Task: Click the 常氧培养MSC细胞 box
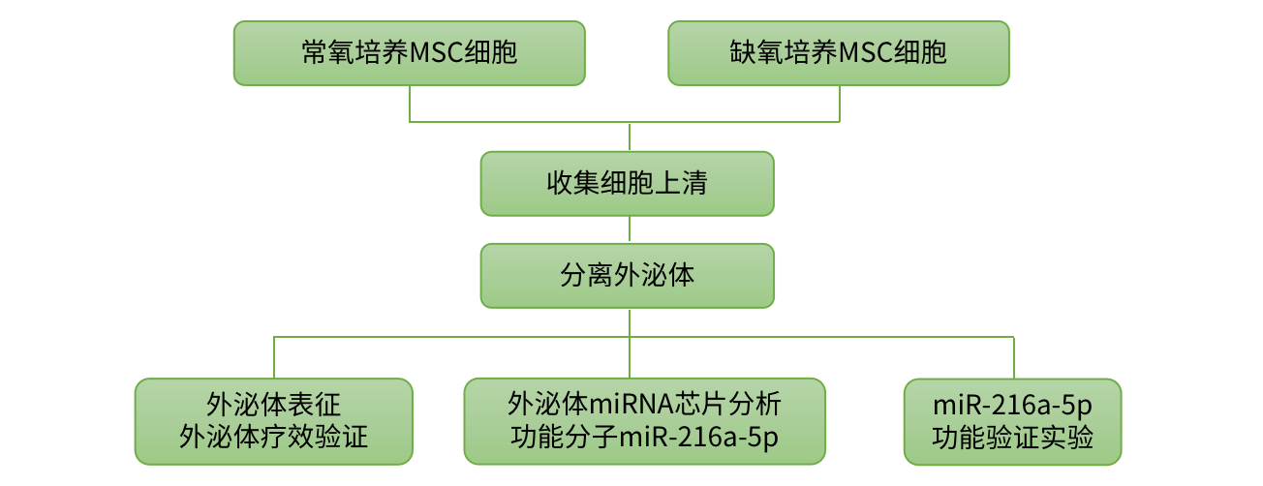pos(409,53)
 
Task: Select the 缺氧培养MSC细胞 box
pos(839,53)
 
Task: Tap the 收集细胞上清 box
pos(628,183)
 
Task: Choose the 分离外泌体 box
pos(628,275)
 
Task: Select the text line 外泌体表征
pos(274,405)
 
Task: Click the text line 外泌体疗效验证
pos(274,437)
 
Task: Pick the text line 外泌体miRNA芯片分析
pos(644,404)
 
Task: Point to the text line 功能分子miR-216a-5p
pos(644,437)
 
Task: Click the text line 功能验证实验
pos(1013,438)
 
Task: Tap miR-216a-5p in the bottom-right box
pos(1013,405)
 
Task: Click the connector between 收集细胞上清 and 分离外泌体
pos(630,229)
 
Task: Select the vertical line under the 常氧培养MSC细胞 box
pos(410,104)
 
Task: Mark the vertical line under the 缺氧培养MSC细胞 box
pos(839,104)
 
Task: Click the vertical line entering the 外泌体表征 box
pos(274,357)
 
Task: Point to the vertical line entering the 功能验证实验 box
pos(1013,357)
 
